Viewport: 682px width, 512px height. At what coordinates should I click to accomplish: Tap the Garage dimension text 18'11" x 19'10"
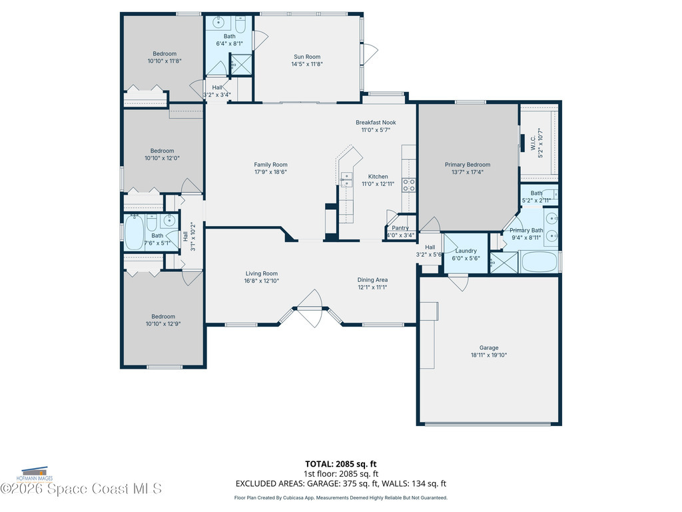tap(488, 355)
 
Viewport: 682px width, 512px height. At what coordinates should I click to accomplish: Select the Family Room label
tap(270, 165)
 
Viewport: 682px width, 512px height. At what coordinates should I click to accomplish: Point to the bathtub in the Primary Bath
tap(539, 261)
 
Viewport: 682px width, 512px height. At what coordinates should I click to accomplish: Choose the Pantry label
tap(400, 228)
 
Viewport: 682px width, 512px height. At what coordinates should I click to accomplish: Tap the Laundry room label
tap(466, 251)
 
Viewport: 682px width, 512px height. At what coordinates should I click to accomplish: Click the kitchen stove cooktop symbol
tap(408, 185)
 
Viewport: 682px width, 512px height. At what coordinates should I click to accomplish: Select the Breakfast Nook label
tap(376, 123)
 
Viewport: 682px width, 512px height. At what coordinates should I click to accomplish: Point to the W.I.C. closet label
tap(533, 145)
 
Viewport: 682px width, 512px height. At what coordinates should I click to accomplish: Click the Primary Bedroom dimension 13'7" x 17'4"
tap(468, 172)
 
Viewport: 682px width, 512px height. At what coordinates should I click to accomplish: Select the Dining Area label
tap(372, 280)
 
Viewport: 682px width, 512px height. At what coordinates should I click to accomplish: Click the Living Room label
tap(262, 273)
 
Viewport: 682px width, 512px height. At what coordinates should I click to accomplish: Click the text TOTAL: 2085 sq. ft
tap(341, 464)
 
